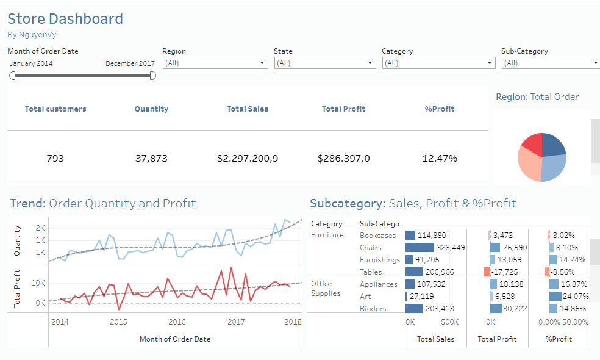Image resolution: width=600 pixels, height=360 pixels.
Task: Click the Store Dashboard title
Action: coord(65,19)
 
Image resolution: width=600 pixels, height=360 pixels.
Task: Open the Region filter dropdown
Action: coord(215,63)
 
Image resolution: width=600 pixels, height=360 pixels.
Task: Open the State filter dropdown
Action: coord(325,63)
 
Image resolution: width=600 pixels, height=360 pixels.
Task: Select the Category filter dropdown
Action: coord(438,63)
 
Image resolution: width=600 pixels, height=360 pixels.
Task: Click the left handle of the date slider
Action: coord(12,76)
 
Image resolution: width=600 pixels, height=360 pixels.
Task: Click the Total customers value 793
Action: coord(55,159)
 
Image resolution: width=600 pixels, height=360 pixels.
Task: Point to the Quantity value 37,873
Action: coord(151,159)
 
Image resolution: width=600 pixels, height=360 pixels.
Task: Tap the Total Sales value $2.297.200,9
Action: coord(248,159)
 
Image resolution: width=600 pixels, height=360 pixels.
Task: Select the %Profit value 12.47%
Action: coord(440,159)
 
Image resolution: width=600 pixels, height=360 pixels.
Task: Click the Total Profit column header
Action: coord(343,109)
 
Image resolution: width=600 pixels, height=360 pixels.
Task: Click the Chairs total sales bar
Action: coord(419,248)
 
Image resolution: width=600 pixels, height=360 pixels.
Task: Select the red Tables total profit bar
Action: coord(487,272)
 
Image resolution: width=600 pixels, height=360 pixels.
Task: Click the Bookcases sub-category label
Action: coord(377,236)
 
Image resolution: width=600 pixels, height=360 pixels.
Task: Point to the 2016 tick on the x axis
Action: coord(177,322)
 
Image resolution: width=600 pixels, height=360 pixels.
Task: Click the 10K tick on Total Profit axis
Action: coord(38,283)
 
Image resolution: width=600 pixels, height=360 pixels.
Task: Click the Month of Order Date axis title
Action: coord(175,339)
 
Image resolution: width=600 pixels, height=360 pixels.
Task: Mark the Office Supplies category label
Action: coord(321,289)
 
